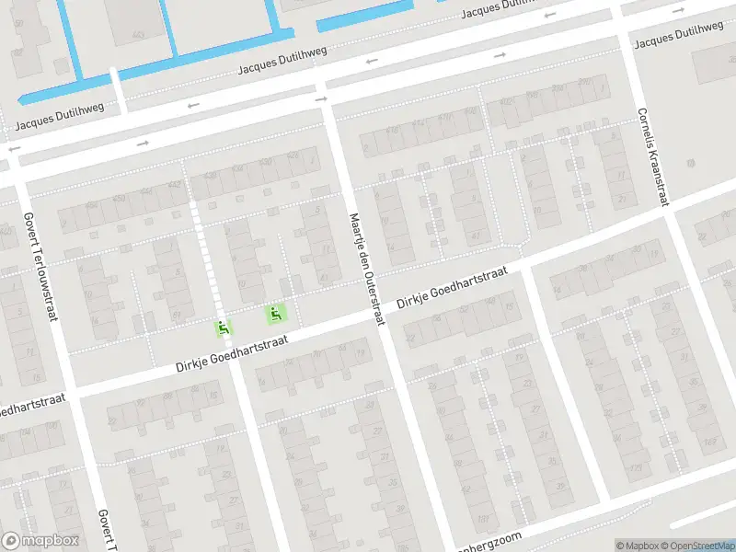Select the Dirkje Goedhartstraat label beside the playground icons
pos(233,353)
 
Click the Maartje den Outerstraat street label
pos(365,269)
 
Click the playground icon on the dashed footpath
pos(224,327)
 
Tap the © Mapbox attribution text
pos(638,546)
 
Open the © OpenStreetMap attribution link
pos(697,546)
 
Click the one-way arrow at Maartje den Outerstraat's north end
pos(321,98)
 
